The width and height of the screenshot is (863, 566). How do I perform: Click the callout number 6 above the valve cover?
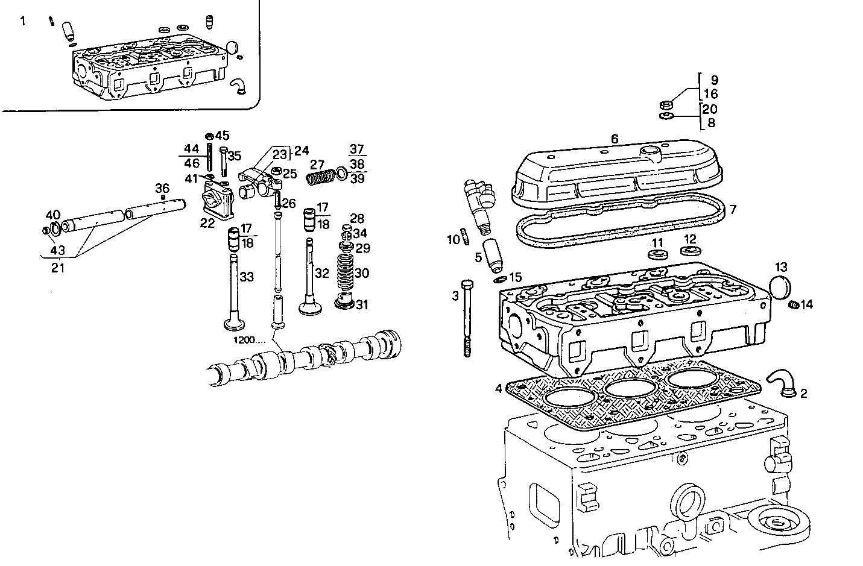(x=615, y=139)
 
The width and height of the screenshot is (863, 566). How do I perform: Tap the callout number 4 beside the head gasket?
(x=499, y=389)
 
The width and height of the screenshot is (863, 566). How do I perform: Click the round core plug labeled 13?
(x=780, y=287)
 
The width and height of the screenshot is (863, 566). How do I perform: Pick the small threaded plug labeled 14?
(x=793, y=305)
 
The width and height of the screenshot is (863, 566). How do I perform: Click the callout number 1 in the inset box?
(x=23, y=21)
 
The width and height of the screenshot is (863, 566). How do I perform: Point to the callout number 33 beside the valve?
(x=247, y=277)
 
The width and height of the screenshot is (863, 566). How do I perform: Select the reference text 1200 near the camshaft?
(x=250, y=340)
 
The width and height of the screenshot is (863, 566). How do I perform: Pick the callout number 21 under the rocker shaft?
(x=58, y=268)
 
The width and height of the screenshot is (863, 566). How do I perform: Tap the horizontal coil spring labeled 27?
(x=321, y=178)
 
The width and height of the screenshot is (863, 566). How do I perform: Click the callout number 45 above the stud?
(x=223, y=136)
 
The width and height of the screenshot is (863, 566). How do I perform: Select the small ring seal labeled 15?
(x=500, y=280)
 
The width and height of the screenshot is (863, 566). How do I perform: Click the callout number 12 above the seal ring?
(x=690, y=239)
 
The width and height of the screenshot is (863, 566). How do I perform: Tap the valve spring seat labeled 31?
(x=345, y=301)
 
